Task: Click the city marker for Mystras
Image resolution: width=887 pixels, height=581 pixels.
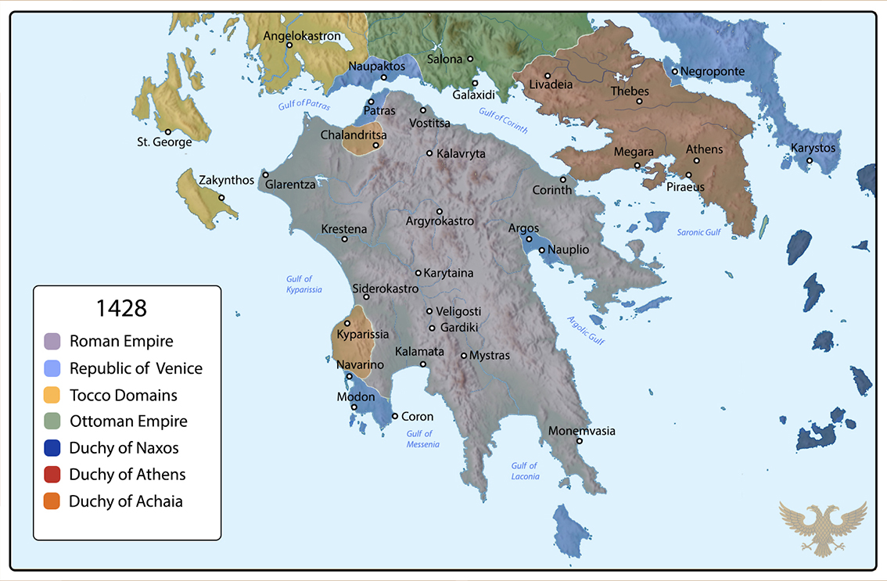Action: point(464,356)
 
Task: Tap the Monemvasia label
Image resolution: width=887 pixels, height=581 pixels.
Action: point(582,431)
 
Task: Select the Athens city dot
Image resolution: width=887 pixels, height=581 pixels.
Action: point(696,160)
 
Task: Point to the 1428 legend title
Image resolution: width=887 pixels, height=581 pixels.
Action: point(121,308)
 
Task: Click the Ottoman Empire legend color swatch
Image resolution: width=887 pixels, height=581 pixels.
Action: point(52,421)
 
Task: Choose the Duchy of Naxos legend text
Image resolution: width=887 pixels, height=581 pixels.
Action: point(124,448)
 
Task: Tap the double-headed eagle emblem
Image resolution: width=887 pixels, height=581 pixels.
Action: point(823,529)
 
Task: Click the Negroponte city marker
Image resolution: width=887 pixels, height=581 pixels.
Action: point(674,72)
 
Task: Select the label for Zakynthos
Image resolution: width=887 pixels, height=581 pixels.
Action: point(226,180)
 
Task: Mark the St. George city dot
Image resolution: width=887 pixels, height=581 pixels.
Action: point(167,131)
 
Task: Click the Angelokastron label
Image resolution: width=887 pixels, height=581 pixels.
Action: point(302,36)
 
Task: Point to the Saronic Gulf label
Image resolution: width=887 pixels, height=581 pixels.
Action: point(698,232)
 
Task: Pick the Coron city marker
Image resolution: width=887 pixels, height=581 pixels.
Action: point(395,416)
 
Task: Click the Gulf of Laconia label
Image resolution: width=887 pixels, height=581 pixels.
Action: point(525,471)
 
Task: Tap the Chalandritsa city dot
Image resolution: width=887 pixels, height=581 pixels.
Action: point(375,145)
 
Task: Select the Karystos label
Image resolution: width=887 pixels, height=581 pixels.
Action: point(813,148)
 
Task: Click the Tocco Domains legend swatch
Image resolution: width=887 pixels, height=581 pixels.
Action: point(52,395)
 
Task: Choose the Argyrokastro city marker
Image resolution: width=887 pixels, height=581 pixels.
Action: point(440,211)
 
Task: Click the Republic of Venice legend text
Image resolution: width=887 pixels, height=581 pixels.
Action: point(136,368)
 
